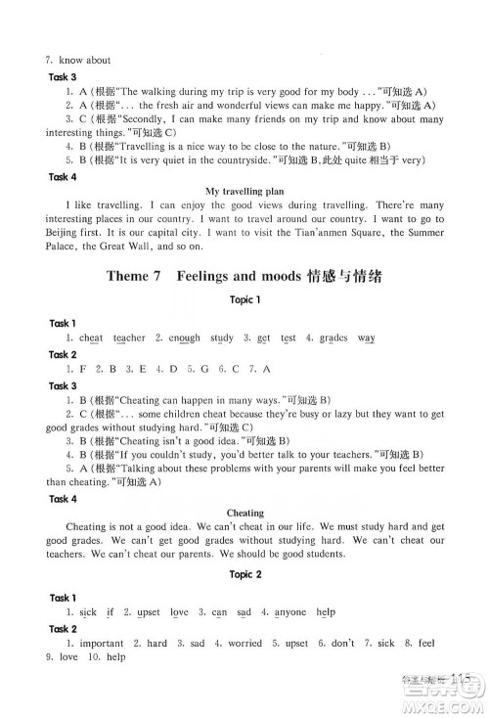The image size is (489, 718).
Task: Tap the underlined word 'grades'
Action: coord(333,337)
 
